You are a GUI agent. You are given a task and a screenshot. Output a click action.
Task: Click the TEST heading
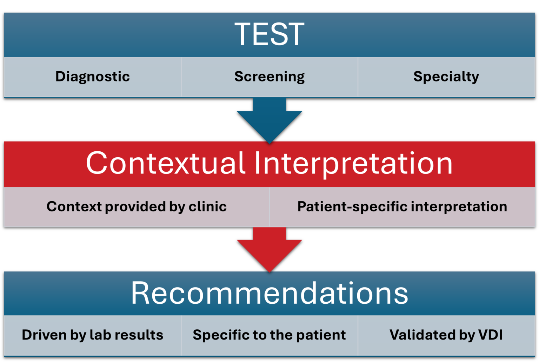tap(269, 34)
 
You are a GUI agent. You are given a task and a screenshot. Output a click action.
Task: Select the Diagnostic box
tap(93, 77)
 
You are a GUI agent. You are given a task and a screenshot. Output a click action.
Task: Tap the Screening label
tap(269, 77)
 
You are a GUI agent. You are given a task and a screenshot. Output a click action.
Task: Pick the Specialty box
tap(446, 77)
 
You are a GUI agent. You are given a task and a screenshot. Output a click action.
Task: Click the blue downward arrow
tap(269, 119)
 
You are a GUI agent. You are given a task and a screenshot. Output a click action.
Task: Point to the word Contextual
tap(165, 163)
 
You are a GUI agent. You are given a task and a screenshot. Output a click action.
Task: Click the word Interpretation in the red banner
tap(353, 163)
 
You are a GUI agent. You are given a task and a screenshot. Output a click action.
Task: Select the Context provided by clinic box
tap(137, 207)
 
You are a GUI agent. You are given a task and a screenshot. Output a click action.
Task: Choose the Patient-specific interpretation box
tap(402, 207)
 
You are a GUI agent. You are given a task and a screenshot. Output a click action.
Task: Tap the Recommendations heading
tap(269, 293)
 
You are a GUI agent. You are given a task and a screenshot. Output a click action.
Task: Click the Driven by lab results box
tap(93, 335)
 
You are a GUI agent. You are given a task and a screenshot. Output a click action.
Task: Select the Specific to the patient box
tap(269, 335)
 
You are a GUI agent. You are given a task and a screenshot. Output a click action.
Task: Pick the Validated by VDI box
tap(446, 335)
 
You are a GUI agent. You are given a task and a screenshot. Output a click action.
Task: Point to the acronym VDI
tap(490, 335)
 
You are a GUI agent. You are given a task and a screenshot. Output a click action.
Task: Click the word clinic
tap(207, 207)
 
